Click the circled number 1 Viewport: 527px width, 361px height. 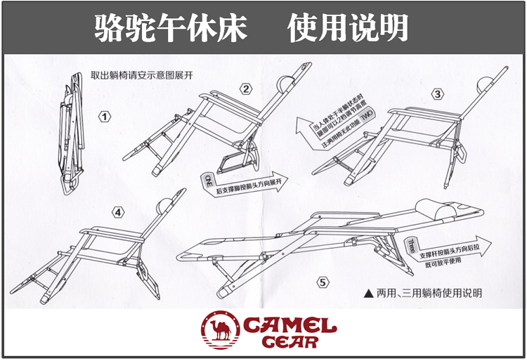[x=105, y=117]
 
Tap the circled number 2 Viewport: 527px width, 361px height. [x=246, y=88]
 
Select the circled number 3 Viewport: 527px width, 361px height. [x=438, y=94]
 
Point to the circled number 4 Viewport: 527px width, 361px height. [x=118, y=211]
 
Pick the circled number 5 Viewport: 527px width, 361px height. [x=323, y=283]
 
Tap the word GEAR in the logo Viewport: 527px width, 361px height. [x=289, y=343]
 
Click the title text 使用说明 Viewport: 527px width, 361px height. [x=349, y=27]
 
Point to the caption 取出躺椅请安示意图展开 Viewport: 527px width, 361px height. [x=141, y=76]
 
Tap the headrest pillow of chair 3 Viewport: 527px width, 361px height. [x=484, y=84]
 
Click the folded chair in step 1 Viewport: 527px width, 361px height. [x=70, y=133]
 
